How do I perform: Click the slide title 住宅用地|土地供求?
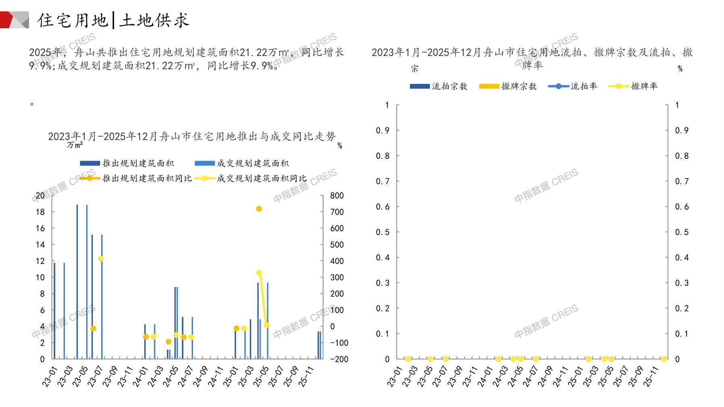[x=113, y=20]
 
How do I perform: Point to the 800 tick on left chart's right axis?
[x=337, y=196]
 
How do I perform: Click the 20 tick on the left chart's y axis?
[x=40, y=196]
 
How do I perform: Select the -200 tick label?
[x=339, y=359]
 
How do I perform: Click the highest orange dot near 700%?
[x=259, y=209]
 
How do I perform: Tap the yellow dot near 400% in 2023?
[x=101, y=259]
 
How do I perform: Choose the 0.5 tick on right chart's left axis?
[x=382, y=232]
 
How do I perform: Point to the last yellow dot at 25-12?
[x=664, y=359]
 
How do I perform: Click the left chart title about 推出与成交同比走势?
[x=191, y=137]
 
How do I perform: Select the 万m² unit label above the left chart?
[x=75, y=145]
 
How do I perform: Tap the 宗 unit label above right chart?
[x=415, y=69]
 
